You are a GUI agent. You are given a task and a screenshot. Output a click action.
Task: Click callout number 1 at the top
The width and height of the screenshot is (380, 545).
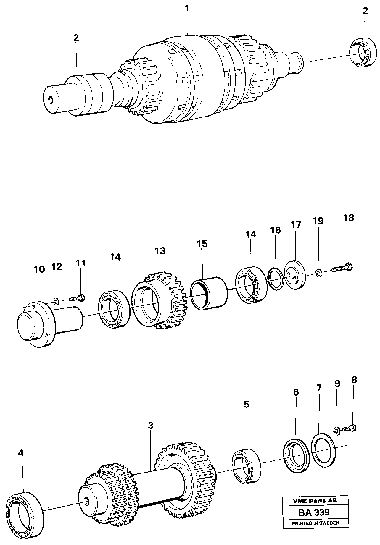[187, 9]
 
